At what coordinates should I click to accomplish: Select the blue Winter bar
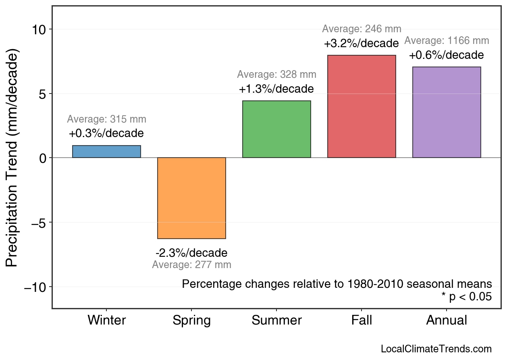[106, 152]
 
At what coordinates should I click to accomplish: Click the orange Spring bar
[191, 198]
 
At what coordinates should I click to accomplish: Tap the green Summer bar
[276, 129]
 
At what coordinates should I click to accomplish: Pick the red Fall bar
[362, 106]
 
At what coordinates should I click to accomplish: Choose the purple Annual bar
[447, 112]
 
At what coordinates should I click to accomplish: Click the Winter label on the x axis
[107, 320]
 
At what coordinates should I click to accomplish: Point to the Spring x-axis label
[191, 320]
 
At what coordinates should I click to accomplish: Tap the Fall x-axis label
[362, 320]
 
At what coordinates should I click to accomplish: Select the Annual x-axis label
[447, 320]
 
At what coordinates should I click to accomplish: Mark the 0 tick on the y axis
[43, 158]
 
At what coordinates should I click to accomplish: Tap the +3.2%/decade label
[362, 43]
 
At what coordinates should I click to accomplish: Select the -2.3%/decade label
[191, 253]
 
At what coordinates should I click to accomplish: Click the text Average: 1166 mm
[447, 41]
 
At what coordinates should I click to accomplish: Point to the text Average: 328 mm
[276, 75]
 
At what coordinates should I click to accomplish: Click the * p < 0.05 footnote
[466, 297]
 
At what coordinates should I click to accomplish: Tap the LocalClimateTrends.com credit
[436, 349]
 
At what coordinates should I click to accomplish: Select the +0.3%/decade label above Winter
[106, 133]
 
